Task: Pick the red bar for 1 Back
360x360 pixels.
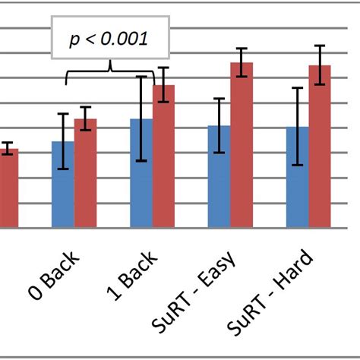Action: pos(164,156)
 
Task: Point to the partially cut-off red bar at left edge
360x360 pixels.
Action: pos(8,188)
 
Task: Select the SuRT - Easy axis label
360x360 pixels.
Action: pos(200,292)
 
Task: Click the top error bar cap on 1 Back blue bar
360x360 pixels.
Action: pos(141,77)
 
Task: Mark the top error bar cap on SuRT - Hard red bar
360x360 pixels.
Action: pos(320,46)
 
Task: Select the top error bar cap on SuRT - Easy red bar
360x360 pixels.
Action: pos(242,49)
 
